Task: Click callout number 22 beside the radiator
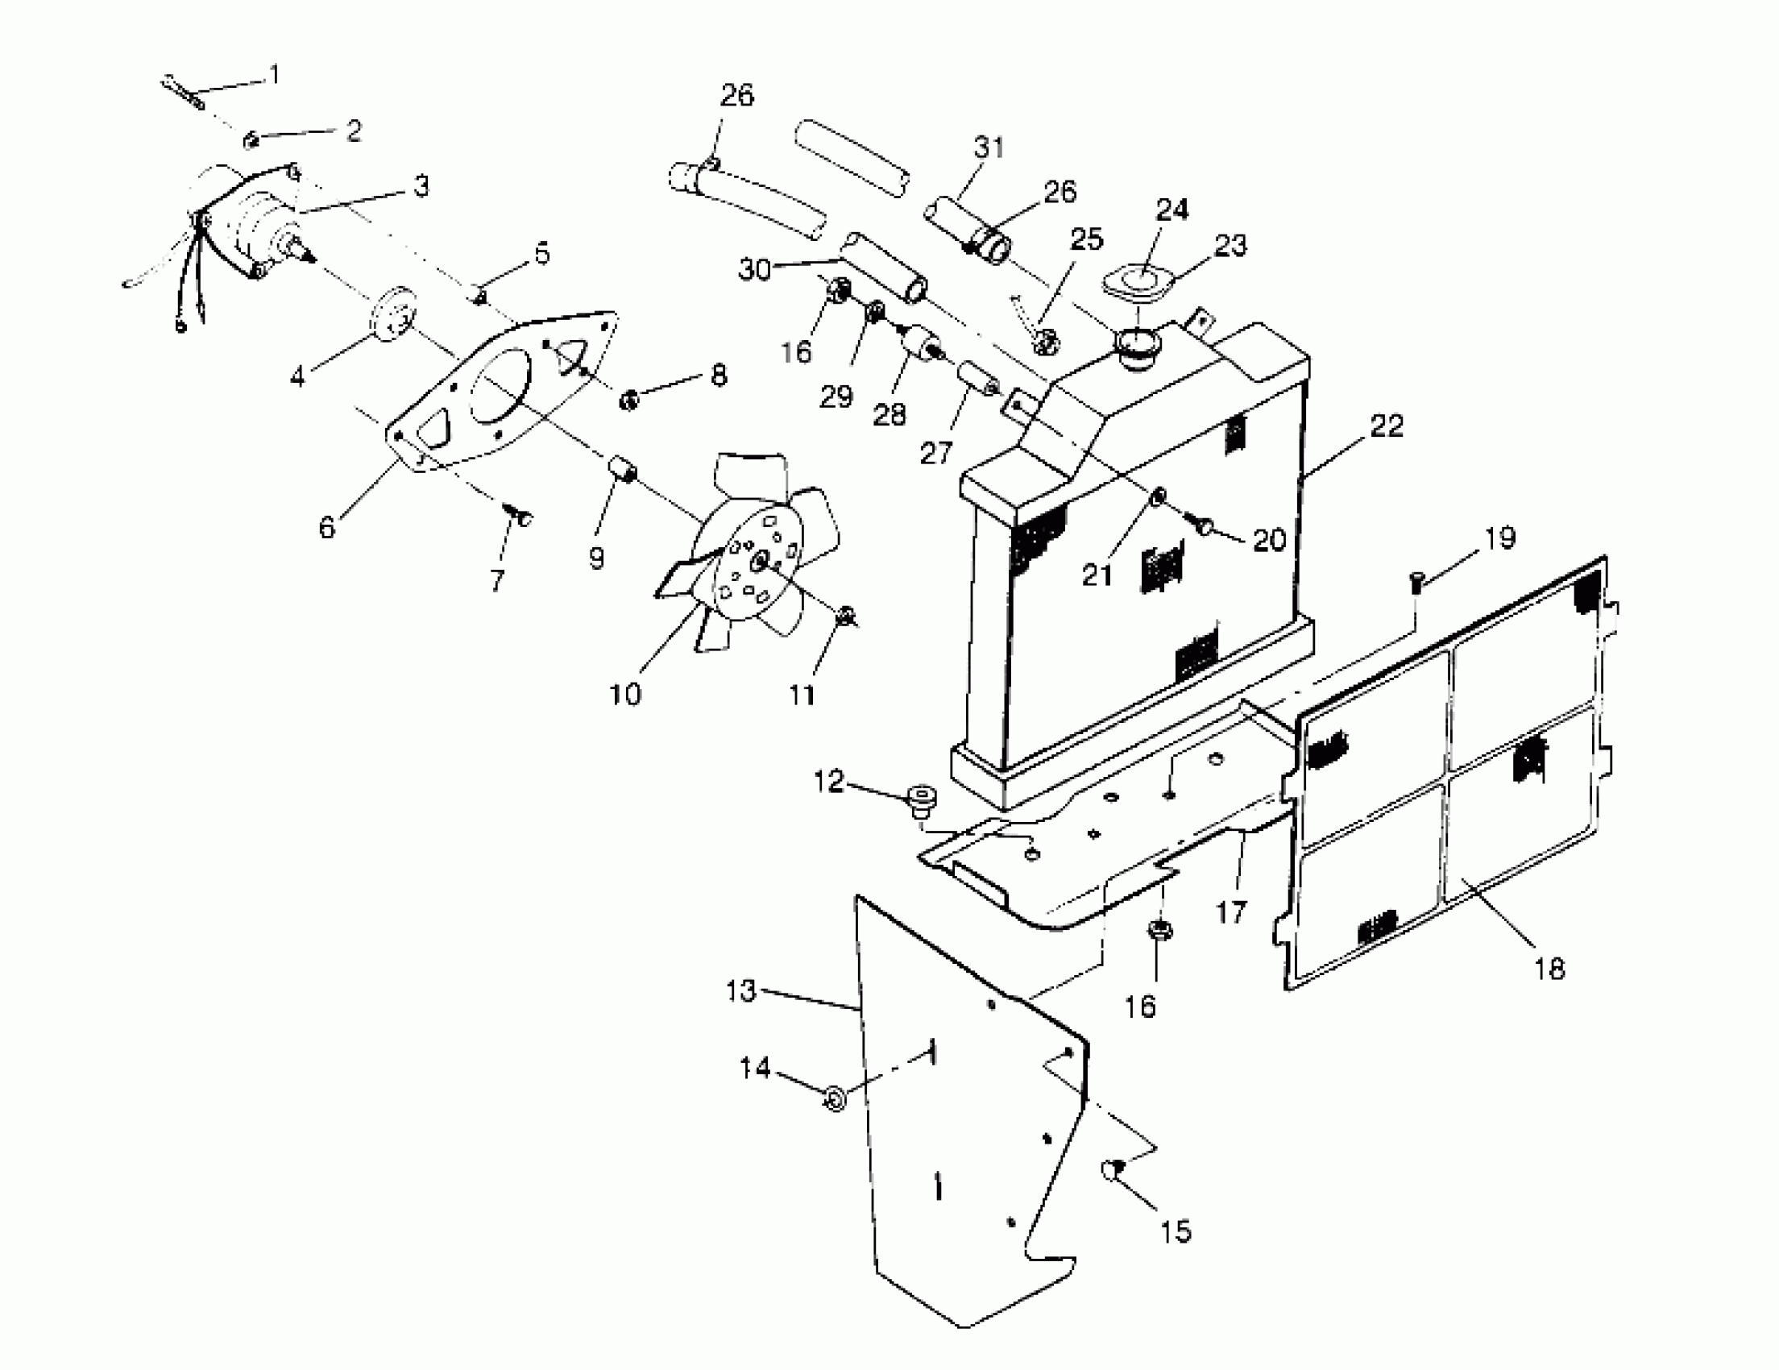(1387, 426)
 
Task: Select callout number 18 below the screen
(1549, 969)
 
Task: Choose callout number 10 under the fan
(625, 694)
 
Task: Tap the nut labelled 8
(628, 400)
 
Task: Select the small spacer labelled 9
(623, 471)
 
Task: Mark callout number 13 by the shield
(740, 991)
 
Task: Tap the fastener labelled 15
(1113, 1170)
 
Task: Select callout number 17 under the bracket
(1231, 912)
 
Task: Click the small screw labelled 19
(1416, 582)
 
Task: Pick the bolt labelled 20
(1204, 526)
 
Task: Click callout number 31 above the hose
(988, 147)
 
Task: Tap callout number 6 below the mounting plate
(326, 527)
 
